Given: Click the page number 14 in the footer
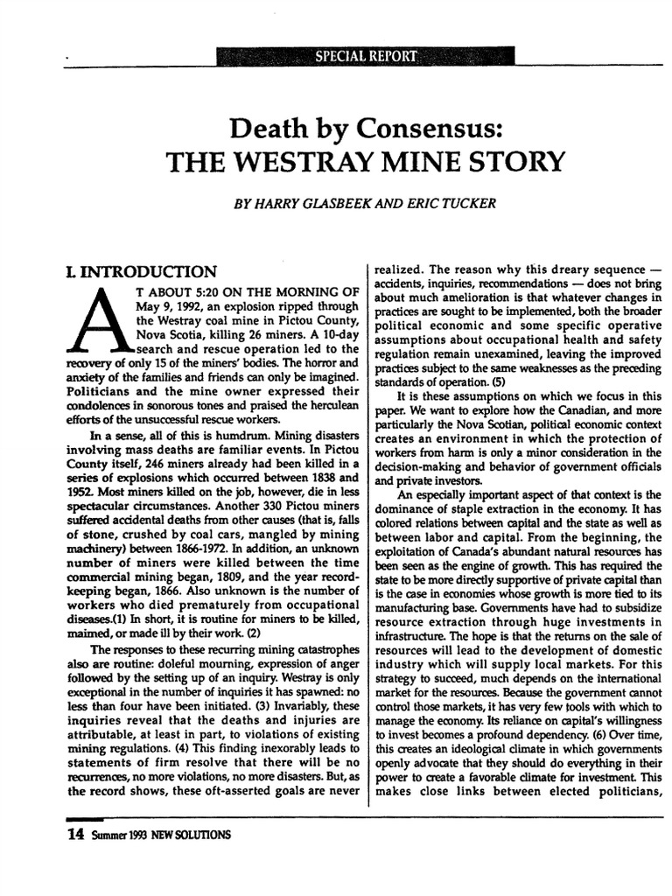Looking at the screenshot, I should (75, 834).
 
